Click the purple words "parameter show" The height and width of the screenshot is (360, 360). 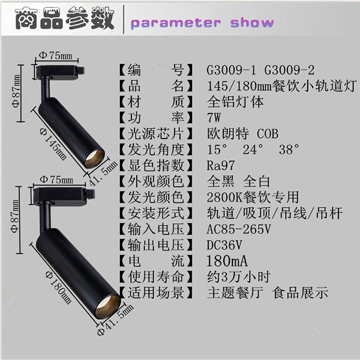click(202, 23)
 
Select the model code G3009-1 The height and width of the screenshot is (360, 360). click(231, 70)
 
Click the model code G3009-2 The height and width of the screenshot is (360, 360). click(289, 70)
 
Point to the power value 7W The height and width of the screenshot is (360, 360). click(214, 118)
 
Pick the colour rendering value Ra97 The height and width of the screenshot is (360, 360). click(221, 166)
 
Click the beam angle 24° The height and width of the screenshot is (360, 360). click(253, 149)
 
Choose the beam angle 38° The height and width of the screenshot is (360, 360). click(289, 149)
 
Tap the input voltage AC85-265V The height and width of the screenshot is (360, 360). click(239, 229)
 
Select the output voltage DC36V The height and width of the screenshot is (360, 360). click(224, 245)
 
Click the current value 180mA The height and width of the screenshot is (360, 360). click(227, 261)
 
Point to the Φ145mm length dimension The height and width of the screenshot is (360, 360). click(53, 144)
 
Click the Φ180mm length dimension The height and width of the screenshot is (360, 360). click(58, 287)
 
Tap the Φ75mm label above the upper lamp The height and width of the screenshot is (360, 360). click(56, 55)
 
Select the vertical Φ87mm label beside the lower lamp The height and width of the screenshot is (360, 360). click(15, 216)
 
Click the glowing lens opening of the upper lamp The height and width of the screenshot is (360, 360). click(94, 158)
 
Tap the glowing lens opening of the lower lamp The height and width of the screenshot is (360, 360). click(108, 307)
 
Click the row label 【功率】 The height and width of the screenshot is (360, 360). click(156, 118)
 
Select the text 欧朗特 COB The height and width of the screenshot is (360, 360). click(242, 134)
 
